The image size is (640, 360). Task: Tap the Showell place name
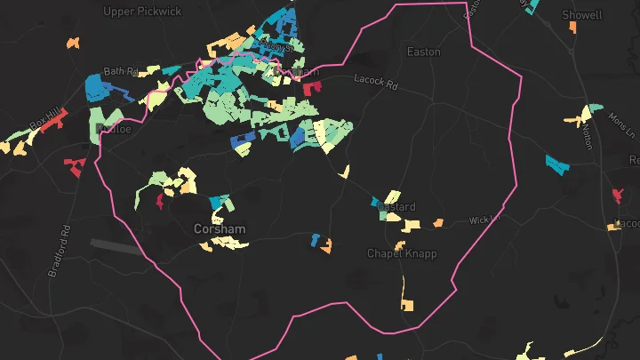582,15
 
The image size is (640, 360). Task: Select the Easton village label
423,52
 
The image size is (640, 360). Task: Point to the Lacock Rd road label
376,81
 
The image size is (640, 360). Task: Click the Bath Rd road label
121,71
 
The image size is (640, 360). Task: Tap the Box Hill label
44,116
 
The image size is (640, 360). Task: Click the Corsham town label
220,229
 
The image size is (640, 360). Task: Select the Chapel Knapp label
402,253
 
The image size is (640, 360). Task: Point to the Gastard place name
396,207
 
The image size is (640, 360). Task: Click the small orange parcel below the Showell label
573,28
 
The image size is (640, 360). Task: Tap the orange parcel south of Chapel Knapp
406,305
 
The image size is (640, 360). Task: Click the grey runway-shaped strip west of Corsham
116,245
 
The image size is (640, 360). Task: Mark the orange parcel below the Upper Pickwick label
73,42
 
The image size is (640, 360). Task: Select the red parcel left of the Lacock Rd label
311,88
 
